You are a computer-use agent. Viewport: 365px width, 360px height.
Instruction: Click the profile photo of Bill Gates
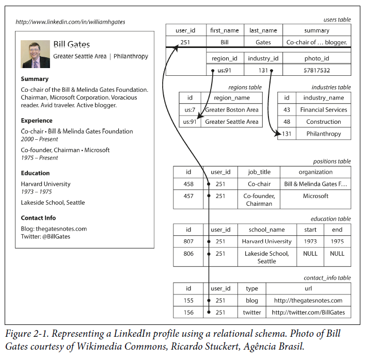[x=35, y=54]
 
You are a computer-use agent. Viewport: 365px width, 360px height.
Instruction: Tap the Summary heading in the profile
[x=35, y=79]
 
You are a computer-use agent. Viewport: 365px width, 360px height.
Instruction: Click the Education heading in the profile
[x=35, y=173]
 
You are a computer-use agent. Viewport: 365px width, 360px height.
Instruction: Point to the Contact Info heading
[x=38, y=218]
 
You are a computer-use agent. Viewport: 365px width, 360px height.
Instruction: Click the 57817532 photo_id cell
[x=316, y=70]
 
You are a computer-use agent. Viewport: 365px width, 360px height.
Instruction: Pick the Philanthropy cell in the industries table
[x=323, y=134]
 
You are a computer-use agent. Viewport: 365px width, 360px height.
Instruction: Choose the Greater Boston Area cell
[x=231, y=110]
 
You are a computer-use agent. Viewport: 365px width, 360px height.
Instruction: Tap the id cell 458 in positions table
[x=188, y=184]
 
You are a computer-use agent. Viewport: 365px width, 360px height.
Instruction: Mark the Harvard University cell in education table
[x=266, y=241]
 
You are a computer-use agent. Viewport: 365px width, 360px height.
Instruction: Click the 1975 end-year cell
[x=337, y=241]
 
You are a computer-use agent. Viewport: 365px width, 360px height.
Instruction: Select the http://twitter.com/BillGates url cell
[x=308, y=313]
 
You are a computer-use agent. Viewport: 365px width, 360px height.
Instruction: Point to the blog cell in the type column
[x=252, y=301]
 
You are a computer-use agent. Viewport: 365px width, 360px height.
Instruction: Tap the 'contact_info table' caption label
[x=327, y=278]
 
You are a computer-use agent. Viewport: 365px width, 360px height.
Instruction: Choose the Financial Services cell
[x=323, y=110]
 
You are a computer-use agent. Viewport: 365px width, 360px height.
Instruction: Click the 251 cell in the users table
[x=185, y=42]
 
